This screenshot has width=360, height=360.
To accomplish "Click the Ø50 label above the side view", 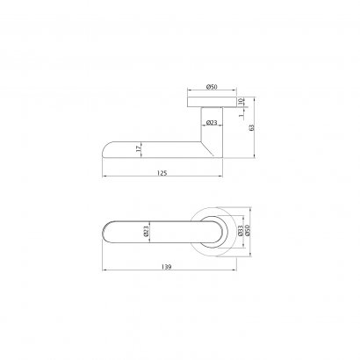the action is point(212,87).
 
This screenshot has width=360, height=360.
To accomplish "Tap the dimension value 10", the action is point(241,101).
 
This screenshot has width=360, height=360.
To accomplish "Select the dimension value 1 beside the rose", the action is point(241,115).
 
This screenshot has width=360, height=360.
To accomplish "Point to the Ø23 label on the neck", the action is point(212,122).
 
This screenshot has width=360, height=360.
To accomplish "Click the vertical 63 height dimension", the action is point(251,127).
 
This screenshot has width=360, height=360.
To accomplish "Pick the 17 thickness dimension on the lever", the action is point(138,148).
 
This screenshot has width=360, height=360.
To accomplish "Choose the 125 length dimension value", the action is point(162,173).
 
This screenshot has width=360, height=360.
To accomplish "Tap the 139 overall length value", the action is point(166,267).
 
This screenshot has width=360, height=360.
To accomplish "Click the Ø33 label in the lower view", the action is point(241,231).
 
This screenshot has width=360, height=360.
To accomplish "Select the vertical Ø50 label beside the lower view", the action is point(248,231).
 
